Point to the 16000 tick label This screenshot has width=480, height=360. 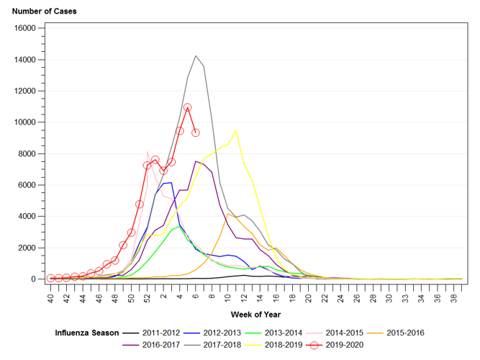click(26, 28)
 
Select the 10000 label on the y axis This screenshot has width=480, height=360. click(26, 122)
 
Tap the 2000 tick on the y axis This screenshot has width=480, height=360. click(29, 248)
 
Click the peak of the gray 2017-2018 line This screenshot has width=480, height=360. click(196, 55)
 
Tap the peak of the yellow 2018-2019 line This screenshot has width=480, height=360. click(235, 130)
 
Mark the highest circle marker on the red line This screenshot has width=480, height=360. click(187, 107)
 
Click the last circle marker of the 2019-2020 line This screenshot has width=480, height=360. click(195, 133)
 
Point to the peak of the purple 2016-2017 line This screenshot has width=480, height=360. click(196, 161)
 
